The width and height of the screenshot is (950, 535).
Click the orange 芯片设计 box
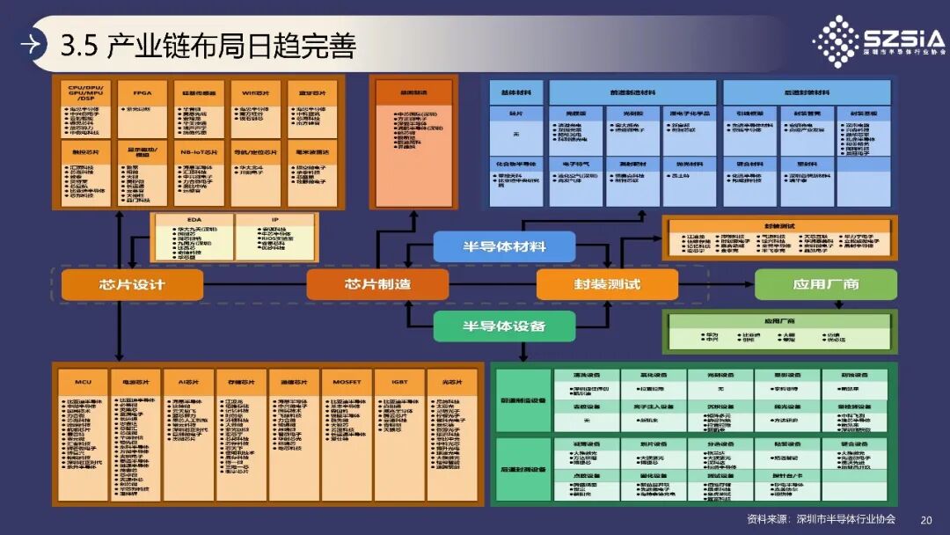132,284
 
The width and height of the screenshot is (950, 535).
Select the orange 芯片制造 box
377,284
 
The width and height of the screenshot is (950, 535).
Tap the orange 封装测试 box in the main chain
607,284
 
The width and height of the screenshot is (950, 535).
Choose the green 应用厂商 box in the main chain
825,284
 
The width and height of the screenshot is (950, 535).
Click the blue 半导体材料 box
504,246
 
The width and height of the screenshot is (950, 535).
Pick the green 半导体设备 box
504,326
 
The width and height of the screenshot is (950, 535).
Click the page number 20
925,519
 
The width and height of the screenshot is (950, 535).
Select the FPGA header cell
142,92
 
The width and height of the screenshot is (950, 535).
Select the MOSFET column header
347,382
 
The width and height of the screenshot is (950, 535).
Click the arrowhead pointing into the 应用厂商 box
749,284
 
